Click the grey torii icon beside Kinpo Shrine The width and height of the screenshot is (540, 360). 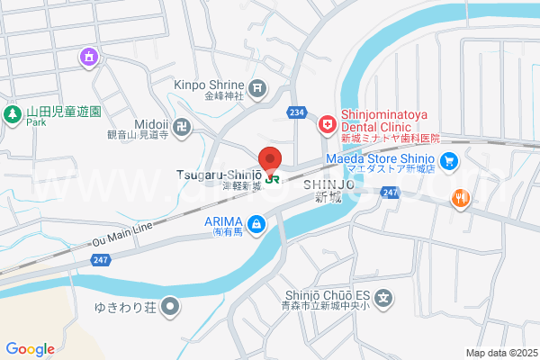pos(258,87)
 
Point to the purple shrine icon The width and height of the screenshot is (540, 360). pos(88,58)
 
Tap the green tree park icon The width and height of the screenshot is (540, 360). pos(13,114)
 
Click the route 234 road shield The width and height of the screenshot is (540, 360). pos(298,112)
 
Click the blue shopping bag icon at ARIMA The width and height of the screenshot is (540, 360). pos(257,222)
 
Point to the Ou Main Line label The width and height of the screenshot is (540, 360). pos(122,238)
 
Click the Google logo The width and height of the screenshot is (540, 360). pos(30,348)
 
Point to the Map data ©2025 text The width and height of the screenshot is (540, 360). pos(500,353)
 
